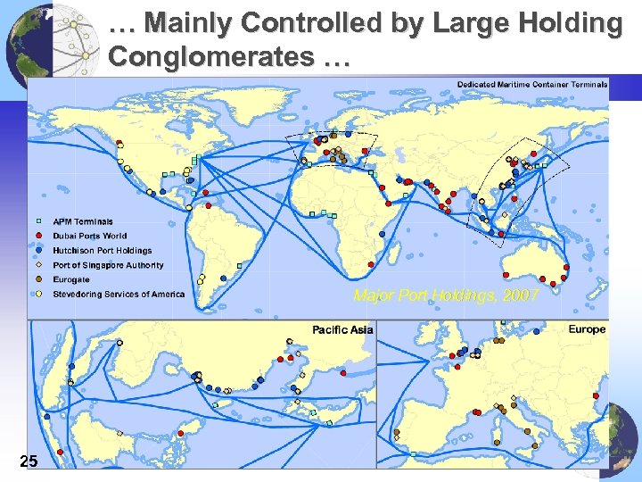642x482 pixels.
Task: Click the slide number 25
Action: point(28,461)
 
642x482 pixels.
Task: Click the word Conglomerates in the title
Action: point(210,57)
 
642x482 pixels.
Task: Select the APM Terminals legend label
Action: point(83,221)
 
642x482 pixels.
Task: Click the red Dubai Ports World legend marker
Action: point(38,236)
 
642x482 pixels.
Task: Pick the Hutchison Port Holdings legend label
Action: point(103,251)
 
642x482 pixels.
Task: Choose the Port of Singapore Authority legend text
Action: point(108,265)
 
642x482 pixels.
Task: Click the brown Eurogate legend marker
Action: point(38,279)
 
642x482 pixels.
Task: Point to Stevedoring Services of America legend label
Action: point(119,294)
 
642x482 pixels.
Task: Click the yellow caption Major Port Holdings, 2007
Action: point(446,295)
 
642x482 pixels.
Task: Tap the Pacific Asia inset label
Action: point(342,330)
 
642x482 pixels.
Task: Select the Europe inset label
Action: point(587,329)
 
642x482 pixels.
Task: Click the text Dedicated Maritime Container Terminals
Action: point(532,85)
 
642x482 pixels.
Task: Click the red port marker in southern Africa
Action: point(370,264)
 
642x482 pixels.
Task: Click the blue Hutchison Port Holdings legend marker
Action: point(38,251)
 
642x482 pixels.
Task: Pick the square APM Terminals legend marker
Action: point(38,221)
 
